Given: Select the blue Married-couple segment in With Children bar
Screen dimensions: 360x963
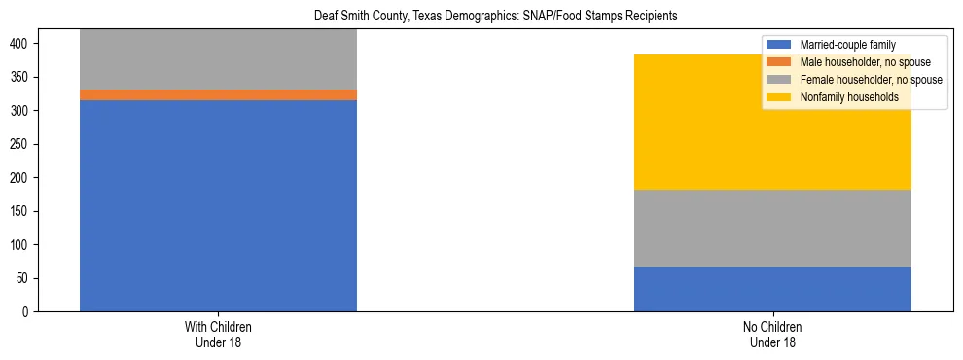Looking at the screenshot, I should click(218, 205).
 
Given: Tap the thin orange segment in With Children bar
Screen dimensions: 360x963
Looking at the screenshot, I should click(218, 94).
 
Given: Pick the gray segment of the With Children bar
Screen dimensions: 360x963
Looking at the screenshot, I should click(218, 59).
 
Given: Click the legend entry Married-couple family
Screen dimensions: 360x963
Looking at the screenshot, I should click(847, 45).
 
